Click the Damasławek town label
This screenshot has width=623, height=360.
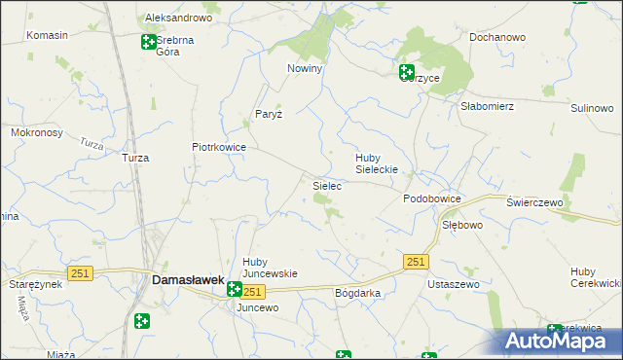click(x=187, y=280)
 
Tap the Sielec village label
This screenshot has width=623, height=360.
click(x=326, y=184)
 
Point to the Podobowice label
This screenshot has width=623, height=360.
click(x=431, y=198)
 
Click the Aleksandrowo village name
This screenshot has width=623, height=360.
click(x=178, y=18)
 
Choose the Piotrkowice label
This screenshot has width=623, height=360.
click(x=218, y=148)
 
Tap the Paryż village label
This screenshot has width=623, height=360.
click(x=268, y=114)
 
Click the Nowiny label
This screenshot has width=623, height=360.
click(x=304, y=69)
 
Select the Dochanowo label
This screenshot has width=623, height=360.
click(x=496, y=37)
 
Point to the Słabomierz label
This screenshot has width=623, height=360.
click(x=487, y=107)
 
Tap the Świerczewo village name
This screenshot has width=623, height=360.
click(x=535, y=201)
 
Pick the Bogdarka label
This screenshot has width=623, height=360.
click(x=357, y=293)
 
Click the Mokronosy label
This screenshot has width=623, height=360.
click(x=36, y=131)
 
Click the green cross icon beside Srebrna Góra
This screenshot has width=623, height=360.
click(x=148, y=42)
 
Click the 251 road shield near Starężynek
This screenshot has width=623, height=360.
click(x=80, y=274)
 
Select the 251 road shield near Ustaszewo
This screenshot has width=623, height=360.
click(x=417, y=262)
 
